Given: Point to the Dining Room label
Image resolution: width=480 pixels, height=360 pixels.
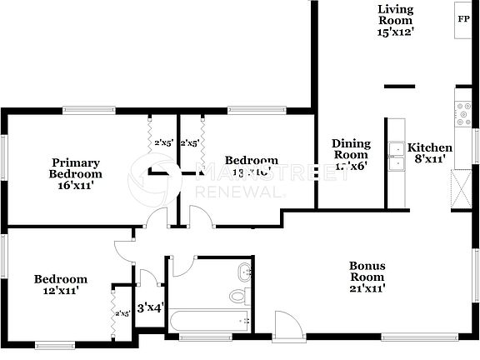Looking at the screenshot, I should pos(351,154).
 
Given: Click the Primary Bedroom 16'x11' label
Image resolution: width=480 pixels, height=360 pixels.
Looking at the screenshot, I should pos(76,174).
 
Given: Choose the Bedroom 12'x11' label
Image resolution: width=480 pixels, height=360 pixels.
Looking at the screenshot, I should pos(60,285).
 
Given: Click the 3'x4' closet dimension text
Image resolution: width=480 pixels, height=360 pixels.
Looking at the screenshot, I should pos(150,308).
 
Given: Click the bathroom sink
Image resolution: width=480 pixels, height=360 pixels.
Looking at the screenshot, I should pos(244,272).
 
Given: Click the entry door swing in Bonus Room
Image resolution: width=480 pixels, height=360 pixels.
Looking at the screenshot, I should pos(285,325).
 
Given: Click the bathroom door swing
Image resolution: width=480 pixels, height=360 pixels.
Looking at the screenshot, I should pos(182,266).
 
